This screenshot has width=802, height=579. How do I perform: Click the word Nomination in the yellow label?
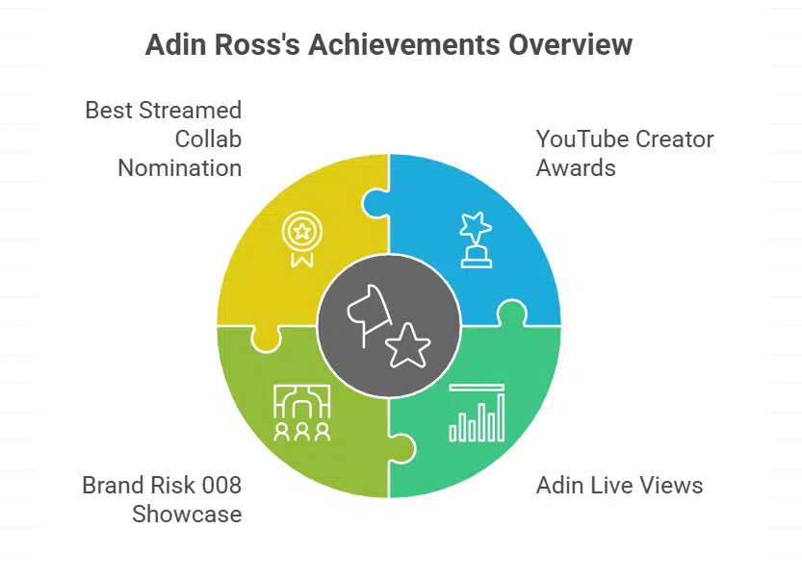(180, 167)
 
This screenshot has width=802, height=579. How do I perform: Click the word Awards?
(576, 167)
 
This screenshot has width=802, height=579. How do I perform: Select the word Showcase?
(187, 514)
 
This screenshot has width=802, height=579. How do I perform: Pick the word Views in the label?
(667, 485)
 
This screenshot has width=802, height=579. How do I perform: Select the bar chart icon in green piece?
(477, 413)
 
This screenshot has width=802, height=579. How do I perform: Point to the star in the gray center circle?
(407, 343)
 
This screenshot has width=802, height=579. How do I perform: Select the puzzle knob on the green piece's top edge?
(512, 314)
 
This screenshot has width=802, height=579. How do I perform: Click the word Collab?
(208, 138)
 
